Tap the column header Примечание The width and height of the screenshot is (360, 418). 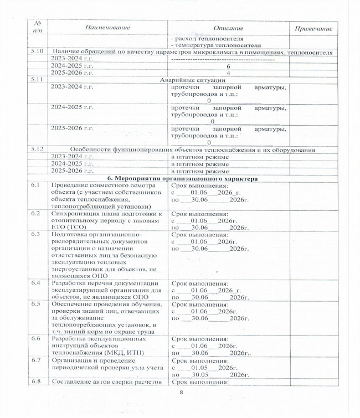coord(313,28)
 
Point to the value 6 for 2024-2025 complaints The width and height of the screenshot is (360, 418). coord(228,66)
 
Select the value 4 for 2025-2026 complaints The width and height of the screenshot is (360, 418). coord(228,73)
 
